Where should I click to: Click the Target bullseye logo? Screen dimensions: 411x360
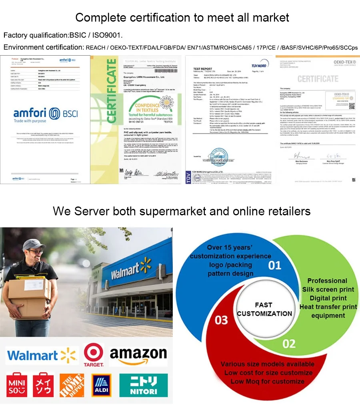[94, 353]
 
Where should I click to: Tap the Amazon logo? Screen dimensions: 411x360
[138, 355]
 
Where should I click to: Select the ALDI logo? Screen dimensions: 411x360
[101, 385]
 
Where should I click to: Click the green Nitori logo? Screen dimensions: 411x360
[144, 385]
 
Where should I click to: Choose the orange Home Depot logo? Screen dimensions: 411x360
[72, 385]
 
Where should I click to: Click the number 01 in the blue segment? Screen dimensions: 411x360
[274, 265]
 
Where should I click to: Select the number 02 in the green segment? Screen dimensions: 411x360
[289, 344]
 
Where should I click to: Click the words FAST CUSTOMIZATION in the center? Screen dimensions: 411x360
[264, 309]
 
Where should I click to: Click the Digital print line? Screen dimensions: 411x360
[328, 298]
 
